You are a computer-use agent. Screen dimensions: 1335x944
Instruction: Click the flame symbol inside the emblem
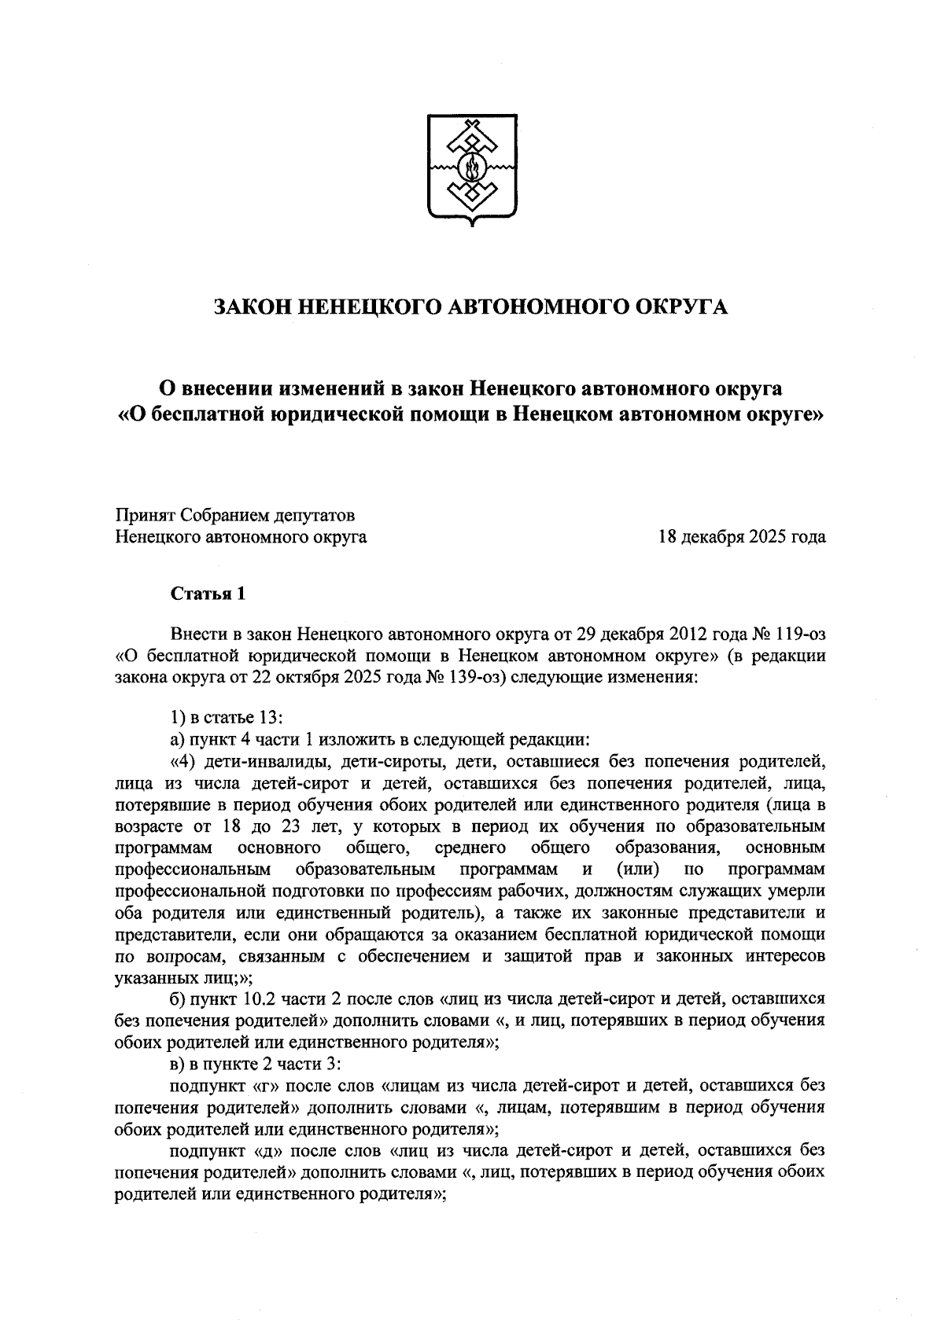(x=472, y=167)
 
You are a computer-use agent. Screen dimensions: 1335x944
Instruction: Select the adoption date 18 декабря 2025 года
(x=742, y=538)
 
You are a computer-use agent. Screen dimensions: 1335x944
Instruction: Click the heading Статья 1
(x=208, y=594)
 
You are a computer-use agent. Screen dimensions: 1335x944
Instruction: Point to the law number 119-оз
(x=797, y=634)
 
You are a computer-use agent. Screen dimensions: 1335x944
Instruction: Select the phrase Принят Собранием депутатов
(x=235, y=516)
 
